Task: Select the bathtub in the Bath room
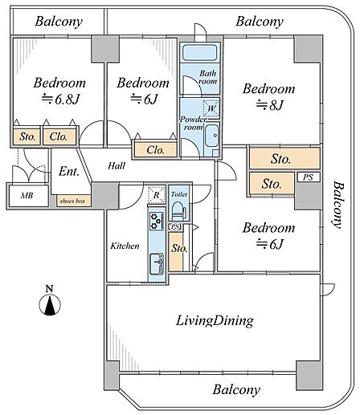(200, 52)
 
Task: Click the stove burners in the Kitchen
(156, 221)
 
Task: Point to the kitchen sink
(157, 264)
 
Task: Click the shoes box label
(72, 201)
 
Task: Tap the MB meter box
(28, 196)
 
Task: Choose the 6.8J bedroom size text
(60, 100)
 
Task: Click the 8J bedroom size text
(270, 105)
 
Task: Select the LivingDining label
(215, 320)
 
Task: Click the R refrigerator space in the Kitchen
(156, 195)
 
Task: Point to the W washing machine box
(211, 108)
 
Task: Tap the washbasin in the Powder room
(212, 136)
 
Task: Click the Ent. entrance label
(69, 171)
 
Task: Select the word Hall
(117, 166)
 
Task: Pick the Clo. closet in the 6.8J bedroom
(59, 137)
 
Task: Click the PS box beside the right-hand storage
(309, 177)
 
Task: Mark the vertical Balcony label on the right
(337, 205)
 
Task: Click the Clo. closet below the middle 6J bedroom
(155, 150)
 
